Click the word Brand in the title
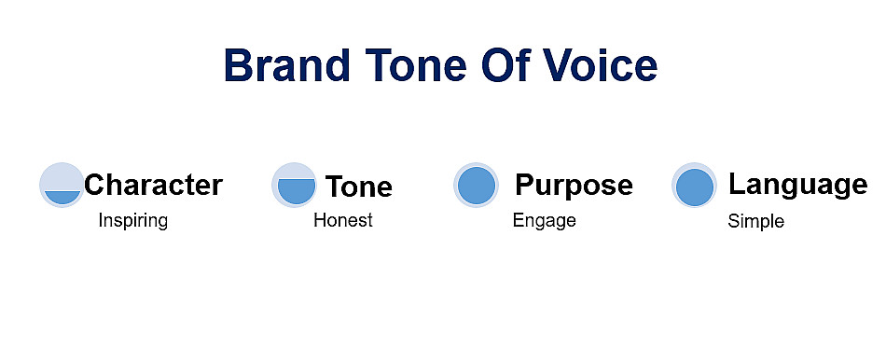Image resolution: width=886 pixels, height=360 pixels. pyautogui.click(x=287, y=65)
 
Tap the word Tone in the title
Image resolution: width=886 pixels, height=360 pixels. pyautogui.click(x=416, y=65)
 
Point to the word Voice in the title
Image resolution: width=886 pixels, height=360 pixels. pyautogui.click(x=600, y=64)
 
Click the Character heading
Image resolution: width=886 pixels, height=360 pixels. pyautogui.click(x=153, y=185)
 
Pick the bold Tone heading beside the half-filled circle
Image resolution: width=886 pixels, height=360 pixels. pyautogui.click(x=359, y=187)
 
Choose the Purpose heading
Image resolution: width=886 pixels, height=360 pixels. pyautogui.click(x=574, y=185)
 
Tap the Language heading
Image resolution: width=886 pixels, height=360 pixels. pyautogui.click(x=797, y=185)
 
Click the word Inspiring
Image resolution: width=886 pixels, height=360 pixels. pyautogui.click(x=132, y=220)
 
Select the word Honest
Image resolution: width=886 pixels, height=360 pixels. pyautogui.click(x=343, y=220)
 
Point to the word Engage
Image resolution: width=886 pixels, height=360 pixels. pyautogui.click(x=544, y=220)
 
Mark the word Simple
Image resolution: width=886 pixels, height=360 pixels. pyautogui.click(x=756, y=221)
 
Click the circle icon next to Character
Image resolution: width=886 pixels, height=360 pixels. pyautogui.click(x=62, y=185)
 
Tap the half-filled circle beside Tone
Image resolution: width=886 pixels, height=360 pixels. pyautogui.click(x=295, y=185)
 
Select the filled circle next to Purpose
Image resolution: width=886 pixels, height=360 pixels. pyautogui.click(x=477, y=185)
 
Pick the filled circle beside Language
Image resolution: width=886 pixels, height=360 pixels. pyautogui.click(x=695, y=186)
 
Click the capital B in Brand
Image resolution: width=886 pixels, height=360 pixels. pyautogui.click(x=240, y=65)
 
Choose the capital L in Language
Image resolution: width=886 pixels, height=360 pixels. pyautogui.click(x=738, y=184)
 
